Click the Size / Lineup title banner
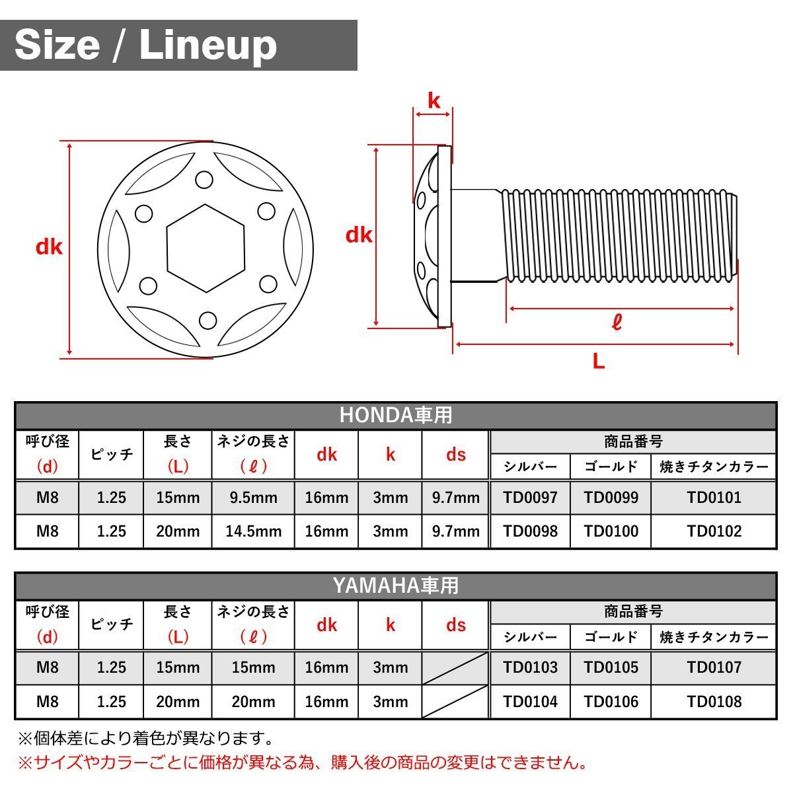[178, 45]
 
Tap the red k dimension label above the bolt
[434, 100]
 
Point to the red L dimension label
[599, 361]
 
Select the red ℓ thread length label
[617, 323]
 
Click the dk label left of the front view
[49, 247]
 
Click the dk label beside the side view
[359, 235]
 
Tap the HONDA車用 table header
[396, 415]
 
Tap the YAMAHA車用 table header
[396, 585]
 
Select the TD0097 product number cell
[530, 498]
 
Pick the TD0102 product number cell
[714, 531]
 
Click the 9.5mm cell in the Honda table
[254, 498]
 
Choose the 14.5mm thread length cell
[254, 531]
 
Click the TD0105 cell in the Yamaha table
[611, 667]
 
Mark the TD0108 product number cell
[714, 702]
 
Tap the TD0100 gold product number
[611, 531]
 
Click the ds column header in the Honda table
[456, 455]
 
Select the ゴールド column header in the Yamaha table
[611, 637]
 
